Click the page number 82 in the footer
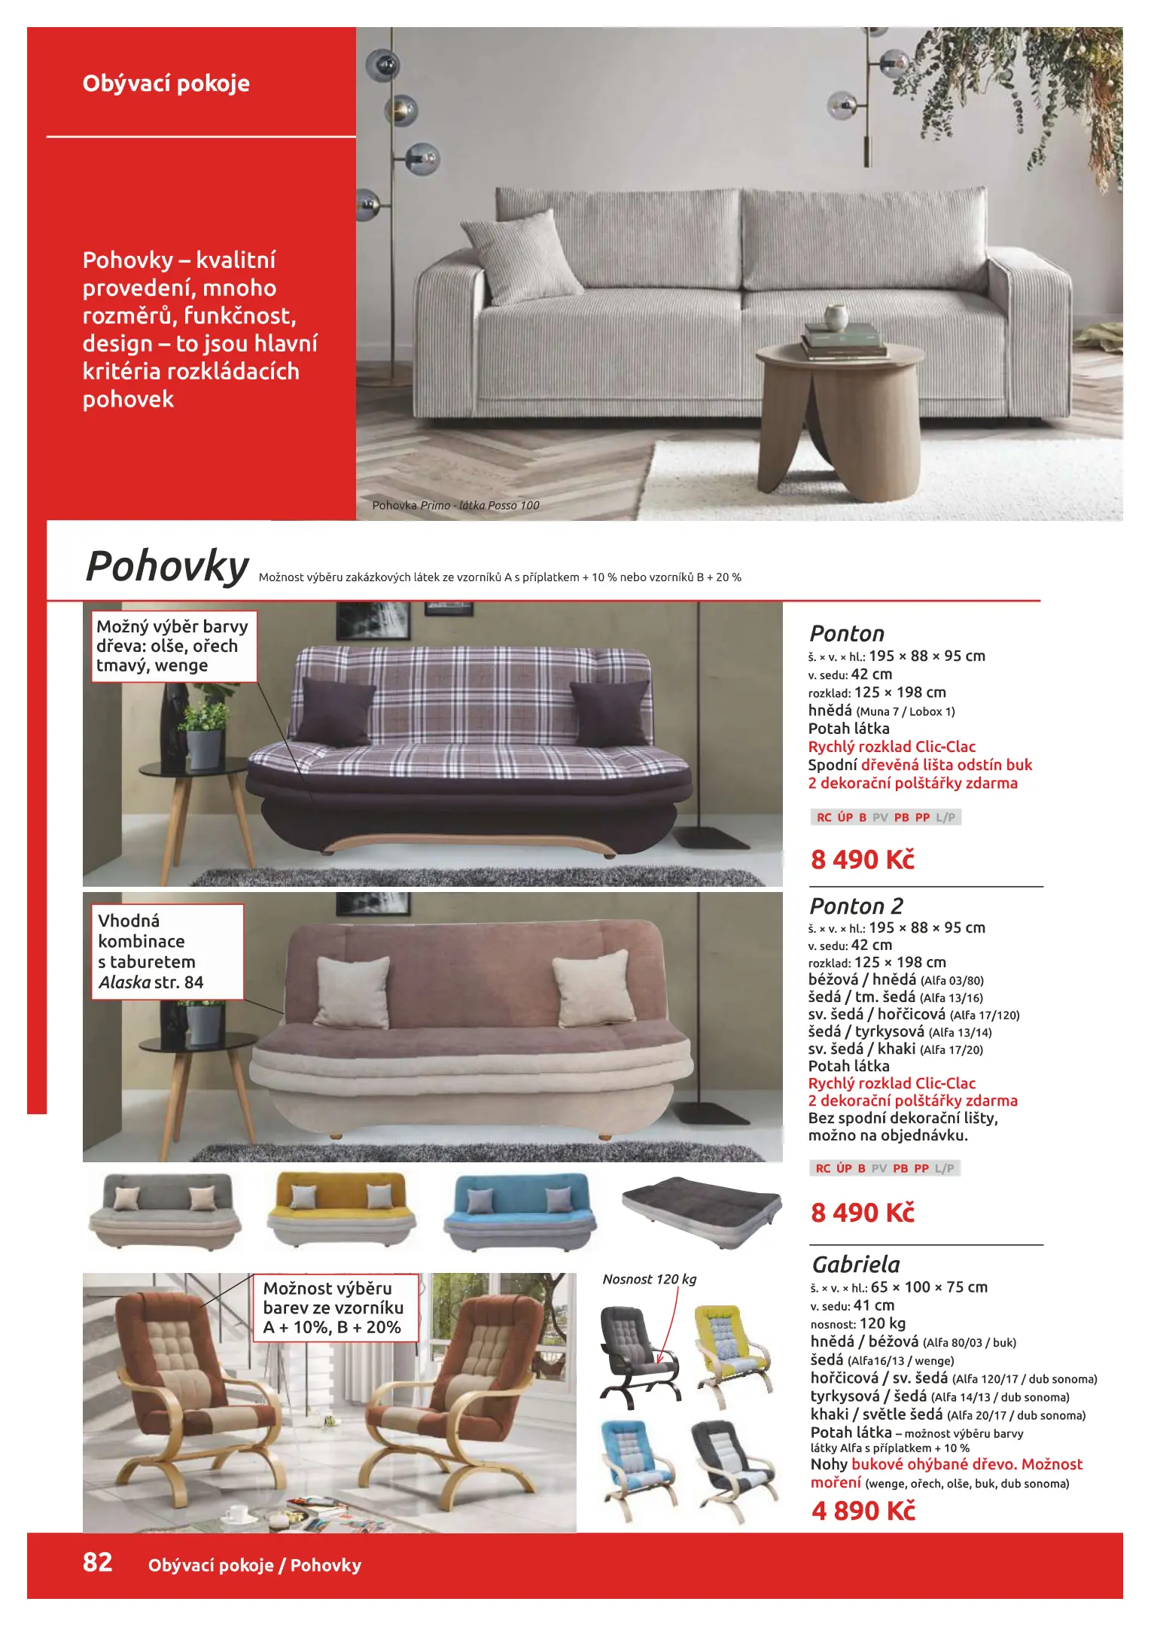(x=97, y=1562)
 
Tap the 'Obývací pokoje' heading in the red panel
(x=166, y=83)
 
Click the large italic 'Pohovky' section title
(x=167, y=566)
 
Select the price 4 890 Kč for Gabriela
(x=863, y=1510)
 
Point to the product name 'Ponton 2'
(x=856, y=906)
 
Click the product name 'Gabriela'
(x=855, y=1264)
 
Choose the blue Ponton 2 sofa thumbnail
(x=519, y=1210)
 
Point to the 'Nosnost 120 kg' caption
(x=649, y=1279)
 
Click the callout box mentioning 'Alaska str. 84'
(x=167, y=952)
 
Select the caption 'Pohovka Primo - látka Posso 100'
(x=455, y=505)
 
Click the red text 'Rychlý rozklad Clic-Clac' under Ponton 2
(x=891, y=1083)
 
